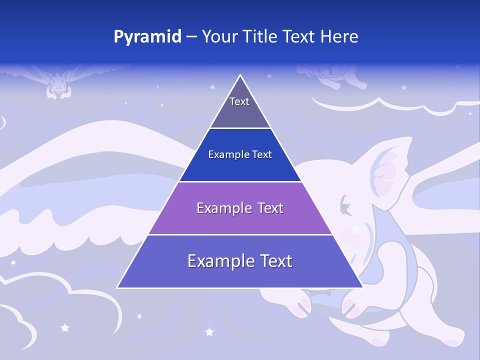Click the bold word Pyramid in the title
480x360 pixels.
point(147,37)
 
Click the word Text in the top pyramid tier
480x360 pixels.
point(239,101)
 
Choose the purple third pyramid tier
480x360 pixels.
point(240,220)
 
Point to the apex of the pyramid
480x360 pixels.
point(240,75)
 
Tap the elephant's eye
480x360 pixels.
point(345,205)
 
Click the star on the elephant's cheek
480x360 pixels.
point(355,229)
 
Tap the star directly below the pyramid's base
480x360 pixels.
point(209,331)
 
